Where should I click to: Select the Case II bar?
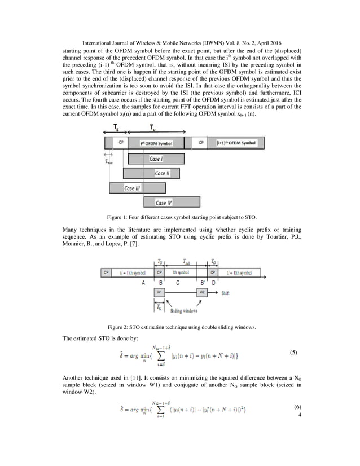[x=159, y=173]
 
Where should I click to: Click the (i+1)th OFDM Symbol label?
[x=235, y=144]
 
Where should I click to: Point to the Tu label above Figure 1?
[x=150, y=129]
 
